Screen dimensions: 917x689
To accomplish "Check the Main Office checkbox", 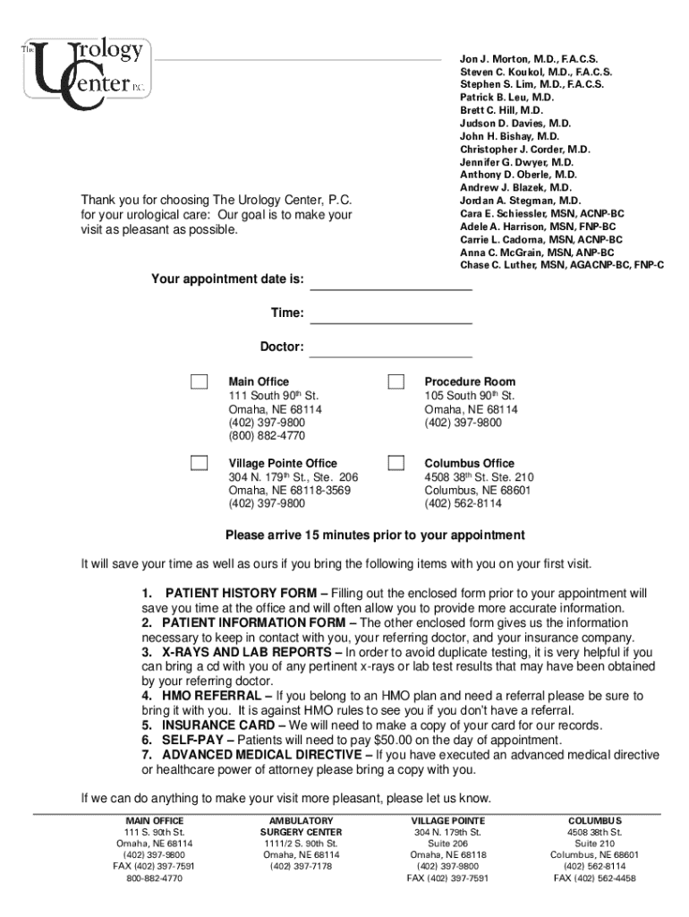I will click(x=199, y=381).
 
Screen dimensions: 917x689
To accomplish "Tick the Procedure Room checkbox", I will click(x=396, y=381).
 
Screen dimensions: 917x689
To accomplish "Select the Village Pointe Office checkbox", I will click(x=199, y=463).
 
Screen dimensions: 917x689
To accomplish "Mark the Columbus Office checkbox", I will click(x=396, y=463).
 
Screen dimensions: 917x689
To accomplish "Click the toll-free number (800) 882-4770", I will click(x=267, y=436).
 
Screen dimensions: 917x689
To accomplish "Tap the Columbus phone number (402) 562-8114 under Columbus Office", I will click(x=463, y=504).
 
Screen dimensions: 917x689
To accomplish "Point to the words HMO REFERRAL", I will click(x=213, y=696).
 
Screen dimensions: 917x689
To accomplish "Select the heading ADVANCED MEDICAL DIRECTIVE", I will click(x=267, y=755).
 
